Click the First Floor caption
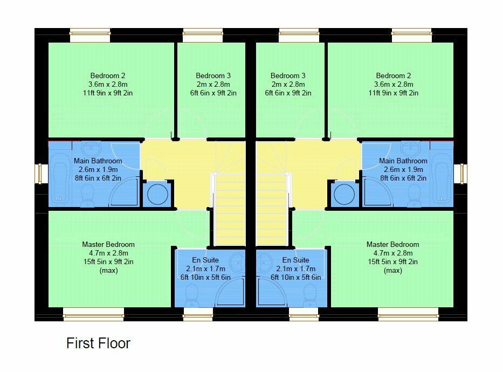pyautogui.click(x=98, y=343)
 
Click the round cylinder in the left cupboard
pyautogui.click(x=157, y=194)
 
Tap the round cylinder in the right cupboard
pyautogui.click(x=343, y=194)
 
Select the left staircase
pyautogui.click(x=230, y=208)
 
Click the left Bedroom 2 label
pyautogui.click(x=108, y=75)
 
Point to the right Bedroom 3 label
pyautogui.click(x=288, y=75)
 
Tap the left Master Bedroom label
pyautogui.click(x=108, y=244)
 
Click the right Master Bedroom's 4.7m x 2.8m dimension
pyautogui.click(x=392, y=253)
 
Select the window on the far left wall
pyautogui.click(x=39, y=174)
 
